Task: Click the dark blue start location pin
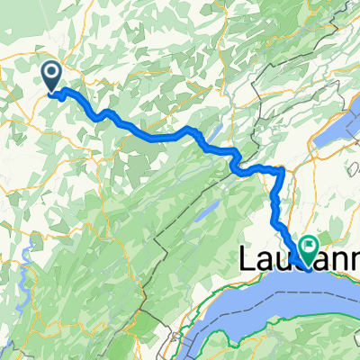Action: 52,76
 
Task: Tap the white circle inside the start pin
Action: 52,72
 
